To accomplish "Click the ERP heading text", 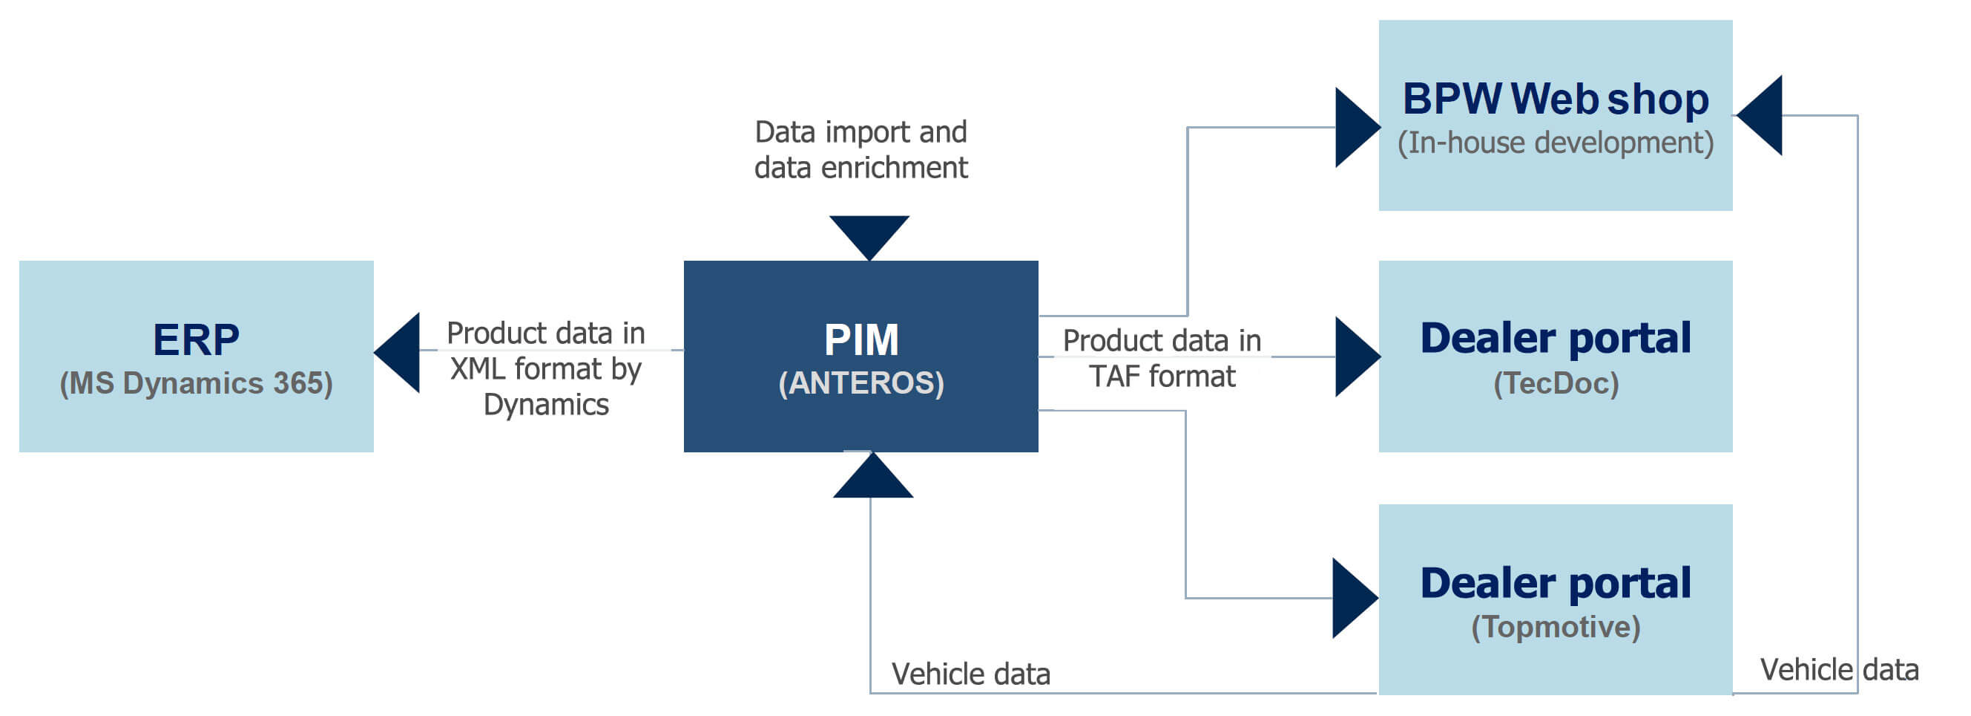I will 196,339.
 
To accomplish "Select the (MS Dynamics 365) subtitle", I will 196,383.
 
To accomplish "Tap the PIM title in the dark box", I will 861,339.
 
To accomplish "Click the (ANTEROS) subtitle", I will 861,383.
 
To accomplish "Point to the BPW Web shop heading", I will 1555,99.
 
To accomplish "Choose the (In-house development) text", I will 1555,143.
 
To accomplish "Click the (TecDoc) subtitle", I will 1556,383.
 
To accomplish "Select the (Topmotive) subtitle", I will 1556,626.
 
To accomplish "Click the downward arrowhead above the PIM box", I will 869,233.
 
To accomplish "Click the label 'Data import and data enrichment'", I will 861,149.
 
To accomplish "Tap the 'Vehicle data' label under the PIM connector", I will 970,674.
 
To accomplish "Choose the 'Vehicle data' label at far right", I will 1839,669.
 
